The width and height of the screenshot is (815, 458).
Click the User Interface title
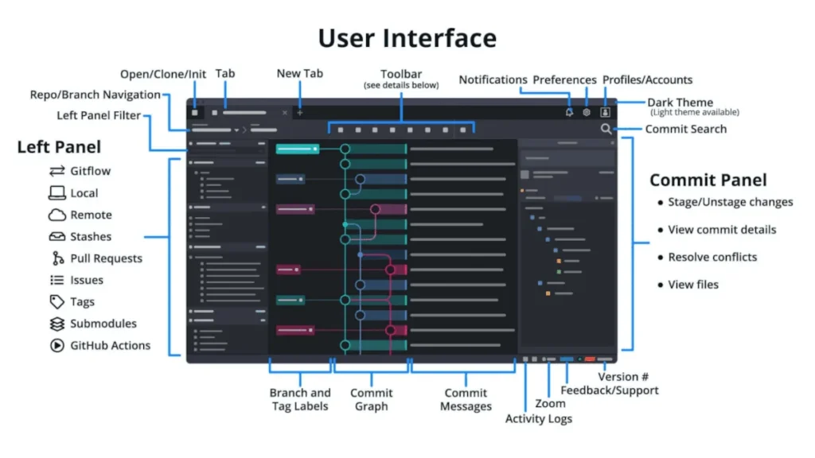click(407, 37)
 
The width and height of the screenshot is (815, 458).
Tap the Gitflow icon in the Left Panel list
click(57, 171)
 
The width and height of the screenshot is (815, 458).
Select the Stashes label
click(91, 237)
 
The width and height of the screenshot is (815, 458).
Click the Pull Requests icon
click(57, 258)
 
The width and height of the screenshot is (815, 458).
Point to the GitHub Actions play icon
click(57, 346)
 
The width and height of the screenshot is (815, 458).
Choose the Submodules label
click(103, 324)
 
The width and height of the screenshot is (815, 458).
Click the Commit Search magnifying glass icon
click(606, 129)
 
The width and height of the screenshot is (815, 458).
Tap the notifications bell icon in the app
click(569, 113)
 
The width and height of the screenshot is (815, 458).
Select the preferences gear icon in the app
click(587, 113)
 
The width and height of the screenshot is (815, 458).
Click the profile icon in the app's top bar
click(605, 113)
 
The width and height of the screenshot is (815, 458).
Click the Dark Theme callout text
click(680, 103)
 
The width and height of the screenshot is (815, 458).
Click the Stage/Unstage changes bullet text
click(730, 202)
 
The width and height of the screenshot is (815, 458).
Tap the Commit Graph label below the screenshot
click(371, 399)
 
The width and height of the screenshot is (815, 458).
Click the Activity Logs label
click(538, 419)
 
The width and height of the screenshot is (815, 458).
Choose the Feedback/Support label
click(609, 390)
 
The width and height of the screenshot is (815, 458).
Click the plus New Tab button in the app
click(300, 113)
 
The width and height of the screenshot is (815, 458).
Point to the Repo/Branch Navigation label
click(96, 95)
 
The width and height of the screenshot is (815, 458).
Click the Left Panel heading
click(59, 147)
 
